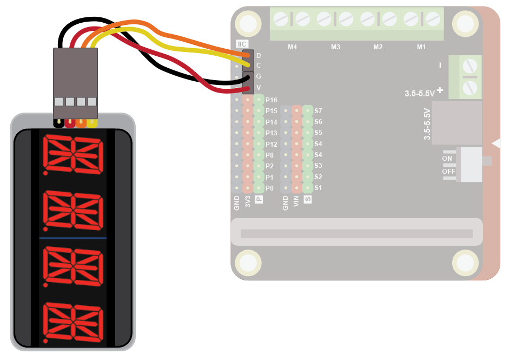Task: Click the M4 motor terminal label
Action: (x=293, y=47)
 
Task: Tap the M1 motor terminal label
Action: (x=421, y=47)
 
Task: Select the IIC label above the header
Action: (x=242, y=44)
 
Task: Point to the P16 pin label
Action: (x=271, y=100)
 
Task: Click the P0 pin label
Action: (x=270, y=188)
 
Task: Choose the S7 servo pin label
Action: (x=318, y=110)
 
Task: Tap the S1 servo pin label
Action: (x=318, y=188)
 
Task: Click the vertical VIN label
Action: (x=296, y=203)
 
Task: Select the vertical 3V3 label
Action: (x=248, y=203)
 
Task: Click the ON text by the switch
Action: (x=447, y=159)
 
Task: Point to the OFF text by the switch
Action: (x=448, y=171)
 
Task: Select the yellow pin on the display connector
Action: (x=92, y=122)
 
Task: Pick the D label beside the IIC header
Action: (x=259, y=56)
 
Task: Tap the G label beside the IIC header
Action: (x=259, y=76)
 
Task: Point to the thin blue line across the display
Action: (x=73, y=238)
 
